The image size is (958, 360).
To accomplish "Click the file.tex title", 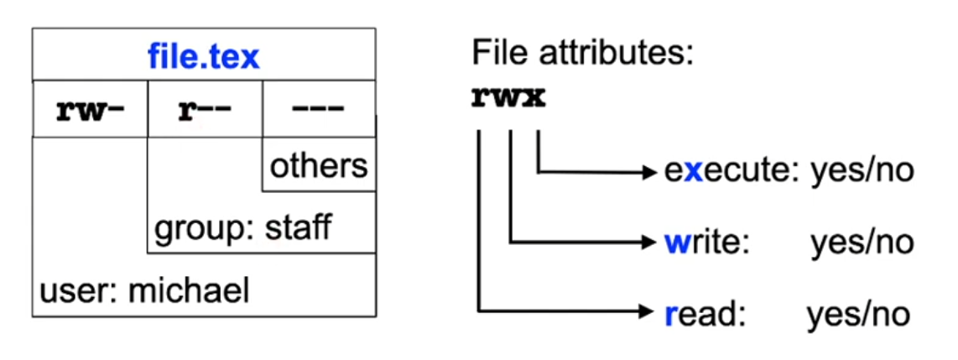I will [204, 57].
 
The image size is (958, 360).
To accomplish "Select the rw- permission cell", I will [90, 110].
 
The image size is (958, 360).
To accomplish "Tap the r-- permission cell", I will [204, 110].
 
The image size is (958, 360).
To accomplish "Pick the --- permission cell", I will [318, 110].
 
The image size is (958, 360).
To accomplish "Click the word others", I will [319, 165].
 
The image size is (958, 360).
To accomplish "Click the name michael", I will [189, 291].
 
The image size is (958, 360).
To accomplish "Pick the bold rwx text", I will [509, 97].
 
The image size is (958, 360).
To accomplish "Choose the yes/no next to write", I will [862, 243].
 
